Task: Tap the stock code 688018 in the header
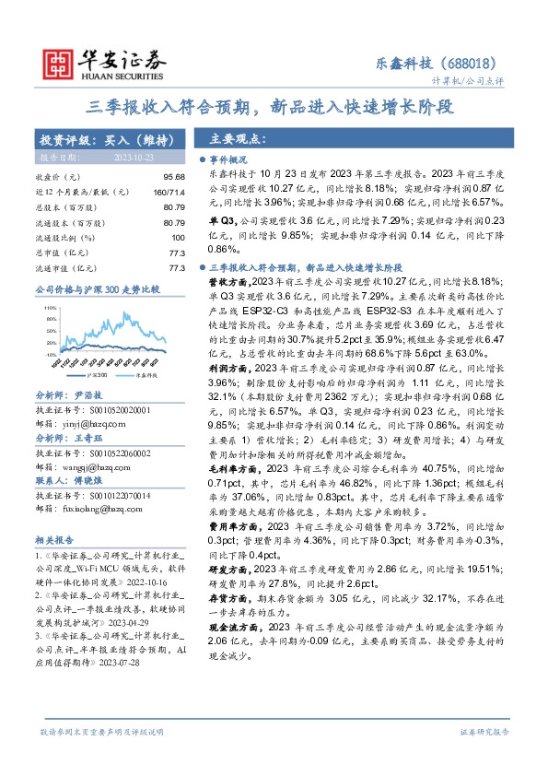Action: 476,64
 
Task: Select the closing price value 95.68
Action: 175,176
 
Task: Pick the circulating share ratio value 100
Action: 179,238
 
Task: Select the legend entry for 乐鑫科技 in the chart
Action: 145,376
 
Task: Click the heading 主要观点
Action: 238,139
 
